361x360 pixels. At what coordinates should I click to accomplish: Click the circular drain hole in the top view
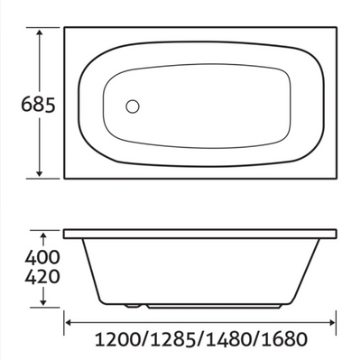[x=133, y=106]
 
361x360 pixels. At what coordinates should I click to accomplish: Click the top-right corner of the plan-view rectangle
[x=337, y=27]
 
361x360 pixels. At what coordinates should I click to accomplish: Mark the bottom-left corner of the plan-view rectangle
[x=64, y=178]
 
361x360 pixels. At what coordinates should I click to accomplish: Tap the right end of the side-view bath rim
[x=337, y=234]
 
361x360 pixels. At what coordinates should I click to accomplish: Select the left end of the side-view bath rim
[x=64, y=234]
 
